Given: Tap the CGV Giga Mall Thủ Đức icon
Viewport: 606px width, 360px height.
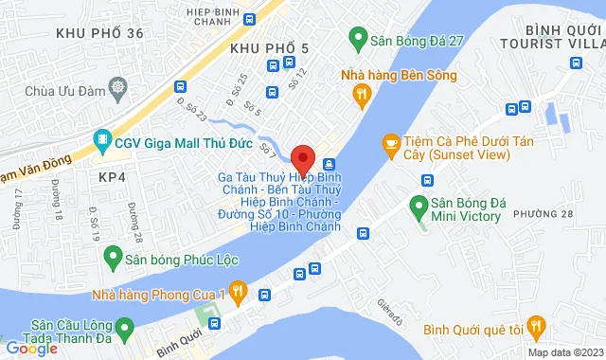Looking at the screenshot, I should (x=101, y=143).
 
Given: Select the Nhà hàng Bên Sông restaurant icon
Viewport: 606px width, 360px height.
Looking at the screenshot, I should (x=360, y=92).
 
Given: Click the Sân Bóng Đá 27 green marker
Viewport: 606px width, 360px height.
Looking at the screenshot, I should (x=358, y=40).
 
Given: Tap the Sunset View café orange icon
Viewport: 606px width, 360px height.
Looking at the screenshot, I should (x=390, y=143).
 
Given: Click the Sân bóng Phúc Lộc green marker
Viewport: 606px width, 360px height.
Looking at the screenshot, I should (x=114, y=256).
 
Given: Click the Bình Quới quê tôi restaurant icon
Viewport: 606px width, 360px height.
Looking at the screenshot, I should (x=537, y=329).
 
